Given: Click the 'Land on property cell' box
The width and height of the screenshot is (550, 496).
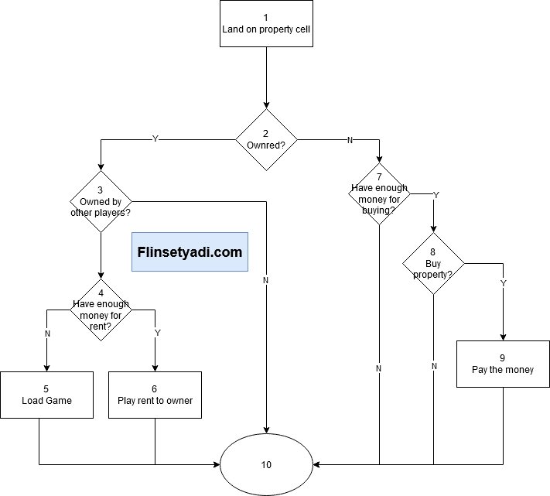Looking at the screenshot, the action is point(266,23).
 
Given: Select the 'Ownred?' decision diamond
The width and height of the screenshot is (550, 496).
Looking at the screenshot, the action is point(267,139).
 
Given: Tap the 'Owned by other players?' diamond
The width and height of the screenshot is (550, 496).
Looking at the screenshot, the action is point(101,201).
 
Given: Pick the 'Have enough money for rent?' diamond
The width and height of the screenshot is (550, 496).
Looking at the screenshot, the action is point(101,310).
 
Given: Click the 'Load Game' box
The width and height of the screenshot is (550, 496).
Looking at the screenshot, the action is point(46,395).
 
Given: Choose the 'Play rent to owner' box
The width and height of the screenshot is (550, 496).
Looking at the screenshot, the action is point(155,395).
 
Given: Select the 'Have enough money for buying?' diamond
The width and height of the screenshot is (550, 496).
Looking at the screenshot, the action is point(379,193).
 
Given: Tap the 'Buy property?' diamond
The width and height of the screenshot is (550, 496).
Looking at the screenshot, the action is point(433,263).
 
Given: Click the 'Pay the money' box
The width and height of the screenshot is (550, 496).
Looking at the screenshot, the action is point(503,364).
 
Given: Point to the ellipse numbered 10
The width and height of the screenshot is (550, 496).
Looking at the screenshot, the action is point(266,465).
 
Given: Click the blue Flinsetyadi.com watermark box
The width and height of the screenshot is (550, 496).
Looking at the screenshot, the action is point(190,251).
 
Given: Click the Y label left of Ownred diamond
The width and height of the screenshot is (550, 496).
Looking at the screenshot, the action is point(155,139).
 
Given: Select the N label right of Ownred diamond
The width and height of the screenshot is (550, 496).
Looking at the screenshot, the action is point(350,140).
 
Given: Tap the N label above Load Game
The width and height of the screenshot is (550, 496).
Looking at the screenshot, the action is point(47,334).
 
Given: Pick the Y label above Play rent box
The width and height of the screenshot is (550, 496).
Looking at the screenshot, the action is point(158,333).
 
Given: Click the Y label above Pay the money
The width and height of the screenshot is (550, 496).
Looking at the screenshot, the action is point(504,283).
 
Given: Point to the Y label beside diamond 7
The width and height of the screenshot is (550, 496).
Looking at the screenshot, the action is point(436,195).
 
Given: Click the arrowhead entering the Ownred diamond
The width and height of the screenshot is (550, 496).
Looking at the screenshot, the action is point(267,105).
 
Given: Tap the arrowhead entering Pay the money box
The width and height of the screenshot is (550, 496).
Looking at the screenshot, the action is point(503,337).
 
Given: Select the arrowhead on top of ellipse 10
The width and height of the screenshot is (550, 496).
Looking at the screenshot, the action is point(267,430).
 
